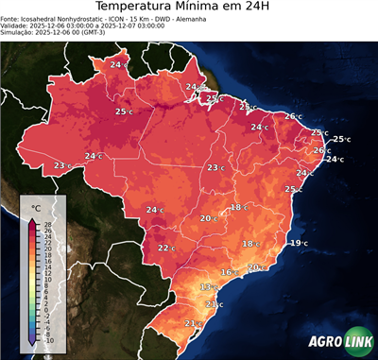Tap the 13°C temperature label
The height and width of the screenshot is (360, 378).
[x=209, y=286]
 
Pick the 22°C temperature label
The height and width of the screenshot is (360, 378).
[x=166, y=248]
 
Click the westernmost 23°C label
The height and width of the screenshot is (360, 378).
[x=62, y=165]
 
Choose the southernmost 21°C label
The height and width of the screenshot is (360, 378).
[x=192, y=323]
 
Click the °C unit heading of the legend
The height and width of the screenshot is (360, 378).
[x=36, y=206]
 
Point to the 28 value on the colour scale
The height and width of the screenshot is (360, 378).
[x=47, y=223]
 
